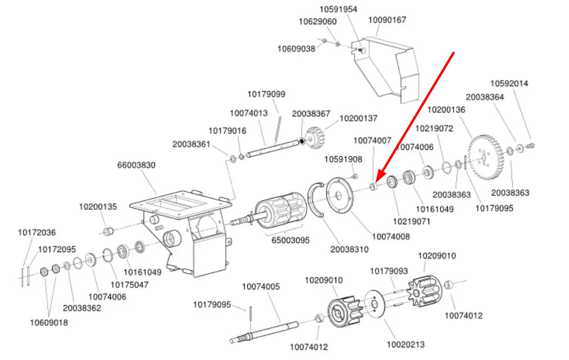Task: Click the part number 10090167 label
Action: (x=387, y=20)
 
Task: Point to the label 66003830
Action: (x=136, y=165)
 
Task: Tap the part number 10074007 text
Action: (x=372, y=140)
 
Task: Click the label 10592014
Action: (x=509, y=84)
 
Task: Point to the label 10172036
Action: (x=37, y=232)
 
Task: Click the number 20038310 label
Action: (x=349, y=249)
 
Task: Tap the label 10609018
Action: (x=49, y=323)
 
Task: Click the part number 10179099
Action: (x=266, y=94)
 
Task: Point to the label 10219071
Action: (x=412, y=221)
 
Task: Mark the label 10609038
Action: (x=296, y=48)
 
